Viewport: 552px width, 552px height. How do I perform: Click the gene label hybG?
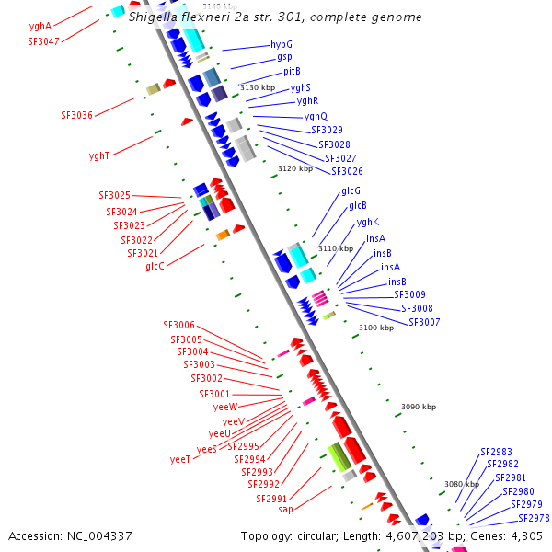coord(281,44)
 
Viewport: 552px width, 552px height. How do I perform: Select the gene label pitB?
coord(292,71)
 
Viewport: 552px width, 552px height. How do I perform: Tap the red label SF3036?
coord(77,115)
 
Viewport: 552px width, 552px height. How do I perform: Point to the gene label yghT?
coord(99,155)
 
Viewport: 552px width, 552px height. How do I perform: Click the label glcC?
coord(155,266)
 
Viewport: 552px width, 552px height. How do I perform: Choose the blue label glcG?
coord(351,190)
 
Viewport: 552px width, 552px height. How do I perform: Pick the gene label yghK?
coord(367,222)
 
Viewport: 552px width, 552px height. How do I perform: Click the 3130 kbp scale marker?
coord(258,87)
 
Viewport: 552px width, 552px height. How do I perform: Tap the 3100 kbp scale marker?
coord(375,328)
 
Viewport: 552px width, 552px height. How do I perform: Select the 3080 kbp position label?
coord(462,484)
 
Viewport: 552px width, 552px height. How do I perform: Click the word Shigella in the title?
coord(151,17)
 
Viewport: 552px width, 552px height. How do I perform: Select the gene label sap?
coord(285,509)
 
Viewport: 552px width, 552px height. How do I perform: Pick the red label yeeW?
coord(225,406)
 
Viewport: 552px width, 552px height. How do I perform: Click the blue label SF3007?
coord(424,322)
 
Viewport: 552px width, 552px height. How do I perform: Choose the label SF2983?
coord(496,452)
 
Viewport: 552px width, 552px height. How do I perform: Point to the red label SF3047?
coord(43,41)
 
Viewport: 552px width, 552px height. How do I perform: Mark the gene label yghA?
coord(40,27)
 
